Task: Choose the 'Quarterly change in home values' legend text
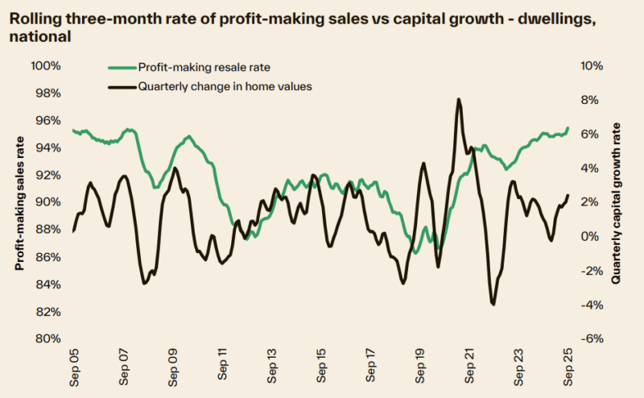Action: (x=225, y=86)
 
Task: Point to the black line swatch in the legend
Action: (x=121, y=86)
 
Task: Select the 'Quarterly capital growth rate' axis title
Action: (x=617, y=203)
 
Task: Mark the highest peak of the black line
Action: (x=458, y=99)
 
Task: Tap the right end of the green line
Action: (x=568, y=127)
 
